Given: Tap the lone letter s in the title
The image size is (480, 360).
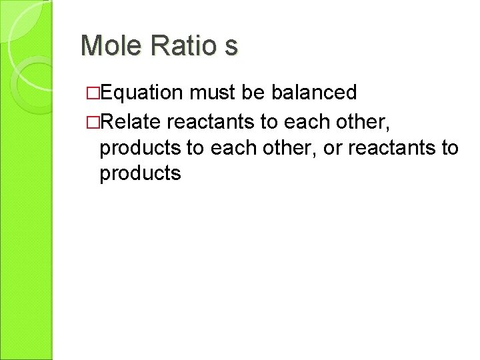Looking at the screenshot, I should tap(231, 47).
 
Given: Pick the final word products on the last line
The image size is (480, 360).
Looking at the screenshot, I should tap(139, 175).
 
